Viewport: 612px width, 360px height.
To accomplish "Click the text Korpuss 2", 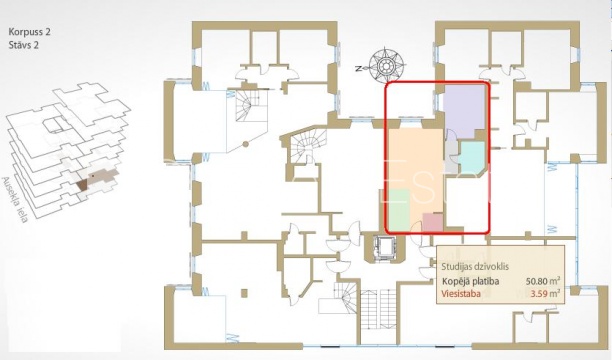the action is [29, 32].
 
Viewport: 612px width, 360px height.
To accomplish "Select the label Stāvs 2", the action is [23, 45].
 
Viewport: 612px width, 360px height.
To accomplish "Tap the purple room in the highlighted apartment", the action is [464, 109].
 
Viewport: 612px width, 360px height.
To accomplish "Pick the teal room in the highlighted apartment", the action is [471, 156].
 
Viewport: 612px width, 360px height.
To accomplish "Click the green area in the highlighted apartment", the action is [400, 210].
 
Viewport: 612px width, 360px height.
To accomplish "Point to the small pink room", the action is [433, 223].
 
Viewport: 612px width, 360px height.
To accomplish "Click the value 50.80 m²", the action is [543, 281].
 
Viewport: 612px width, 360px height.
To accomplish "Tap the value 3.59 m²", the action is [546, 294].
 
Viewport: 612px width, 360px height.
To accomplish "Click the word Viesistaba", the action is [461, 294].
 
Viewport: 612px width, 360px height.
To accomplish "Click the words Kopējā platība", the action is [470, 282].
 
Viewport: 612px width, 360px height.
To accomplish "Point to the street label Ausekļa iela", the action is [15, 200].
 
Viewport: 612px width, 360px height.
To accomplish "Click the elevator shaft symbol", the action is [385, 248].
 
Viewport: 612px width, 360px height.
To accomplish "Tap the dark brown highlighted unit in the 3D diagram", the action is [83, 184].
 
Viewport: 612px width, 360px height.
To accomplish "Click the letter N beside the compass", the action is [358, 68].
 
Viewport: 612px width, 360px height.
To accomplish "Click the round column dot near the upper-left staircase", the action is [246, 144].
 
